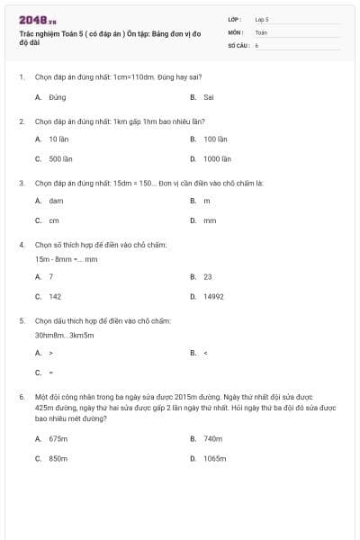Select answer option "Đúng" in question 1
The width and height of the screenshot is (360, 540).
(58, 97)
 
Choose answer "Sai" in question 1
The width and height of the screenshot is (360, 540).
(208, 97)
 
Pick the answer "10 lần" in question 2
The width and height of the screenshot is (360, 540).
(58, 139)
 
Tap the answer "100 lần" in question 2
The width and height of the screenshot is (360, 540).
(213, 139)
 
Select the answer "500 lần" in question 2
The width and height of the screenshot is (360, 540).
(60, 158)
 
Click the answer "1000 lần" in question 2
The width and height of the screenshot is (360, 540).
(216, 158)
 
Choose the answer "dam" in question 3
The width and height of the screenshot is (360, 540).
(56, 201)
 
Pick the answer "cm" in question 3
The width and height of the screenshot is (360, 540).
(54, 220)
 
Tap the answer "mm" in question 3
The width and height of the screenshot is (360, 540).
(210, 220)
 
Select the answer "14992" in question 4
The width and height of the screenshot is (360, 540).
(214, 296)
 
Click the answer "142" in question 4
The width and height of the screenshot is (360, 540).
(55, 296)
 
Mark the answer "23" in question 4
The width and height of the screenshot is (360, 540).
(208, 277)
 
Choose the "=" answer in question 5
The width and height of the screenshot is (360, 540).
(51, 372)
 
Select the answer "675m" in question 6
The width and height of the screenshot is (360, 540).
(58, 439)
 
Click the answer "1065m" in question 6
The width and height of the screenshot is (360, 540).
(214, 458)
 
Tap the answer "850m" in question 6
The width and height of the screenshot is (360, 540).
(58, 458)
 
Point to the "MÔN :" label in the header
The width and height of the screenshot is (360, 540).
(235, 31)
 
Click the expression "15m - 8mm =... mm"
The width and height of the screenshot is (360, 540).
(66, 259)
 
